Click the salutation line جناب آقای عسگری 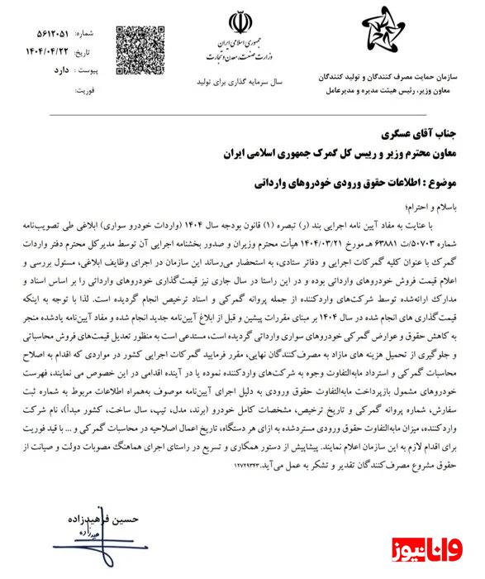point(411,132)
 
